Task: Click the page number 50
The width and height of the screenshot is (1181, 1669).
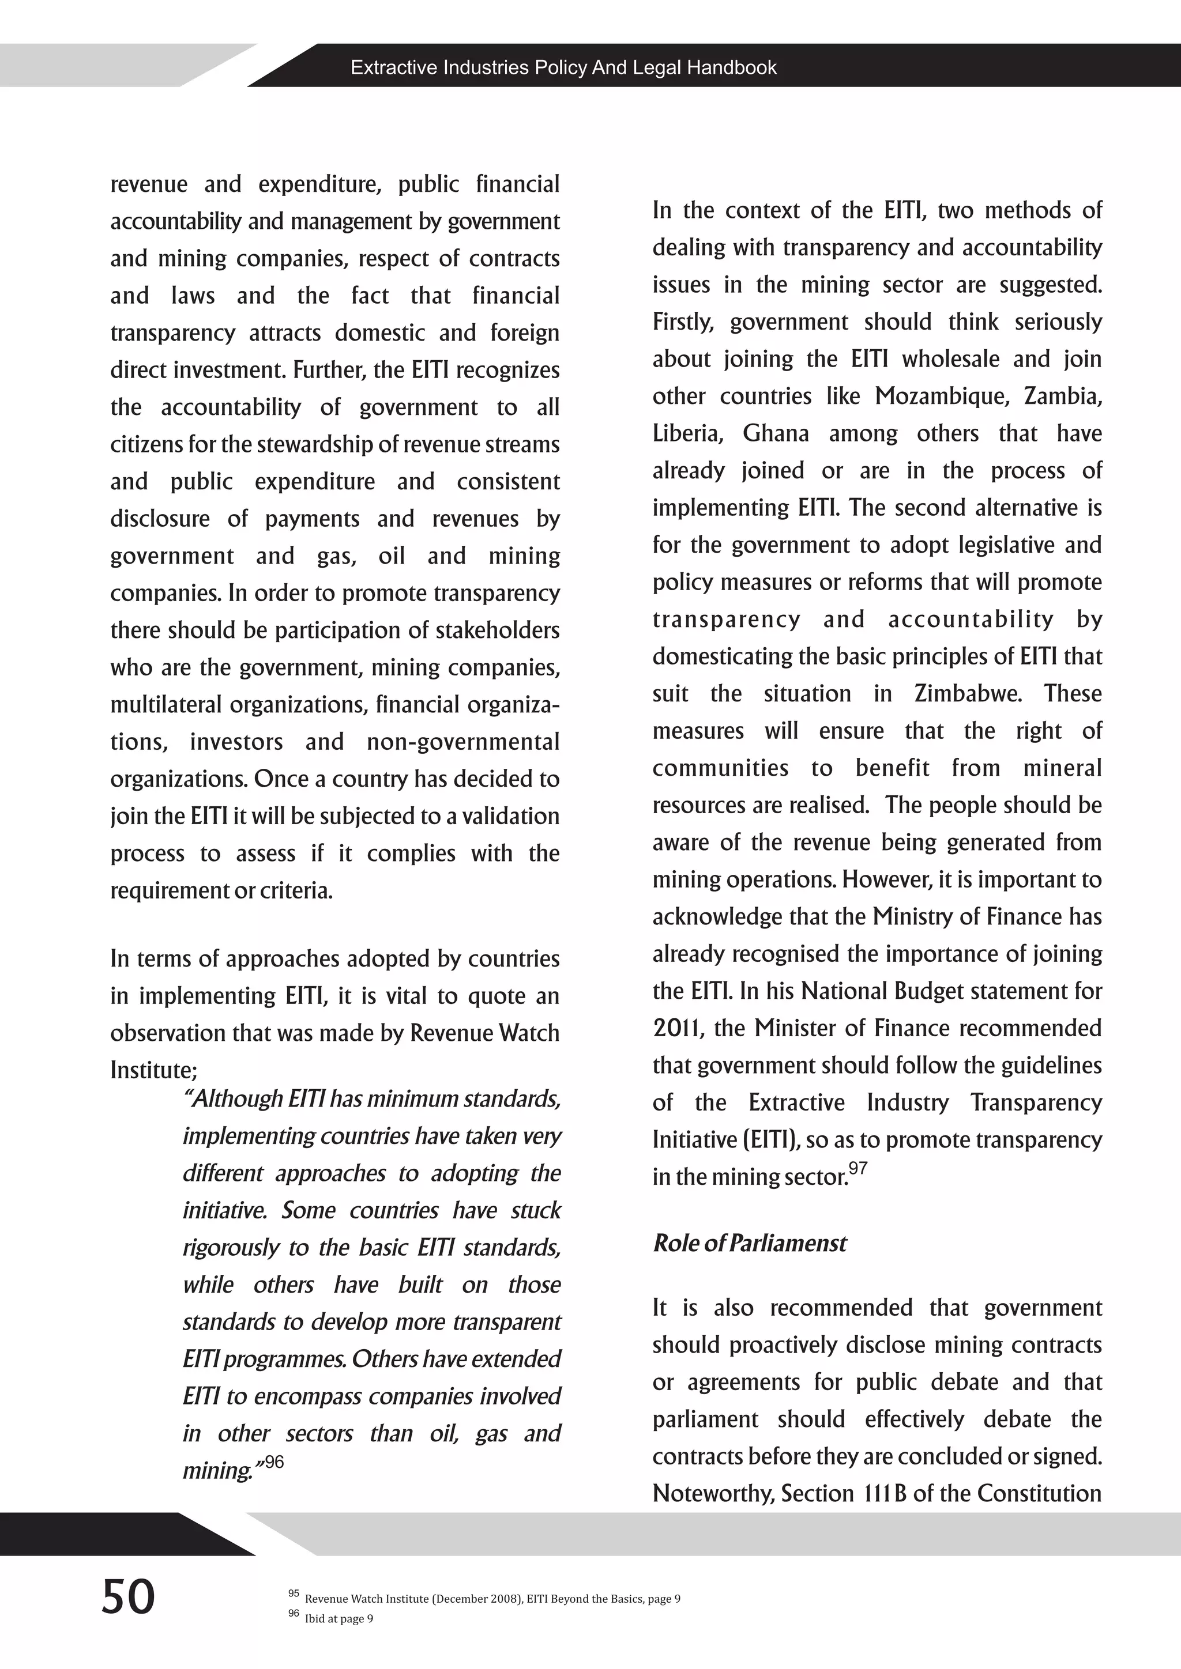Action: point(128,1596)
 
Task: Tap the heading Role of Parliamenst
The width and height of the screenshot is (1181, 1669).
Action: point(749,1243)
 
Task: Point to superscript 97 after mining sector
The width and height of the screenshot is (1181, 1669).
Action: point(858,1169)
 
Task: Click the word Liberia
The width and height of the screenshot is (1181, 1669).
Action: point(686,434)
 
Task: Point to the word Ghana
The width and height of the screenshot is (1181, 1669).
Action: point(775,433)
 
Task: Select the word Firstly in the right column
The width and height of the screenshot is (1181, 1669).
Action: point(682,322)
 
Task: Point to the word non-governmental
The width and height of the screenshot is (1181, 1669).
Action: point(463,742)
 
